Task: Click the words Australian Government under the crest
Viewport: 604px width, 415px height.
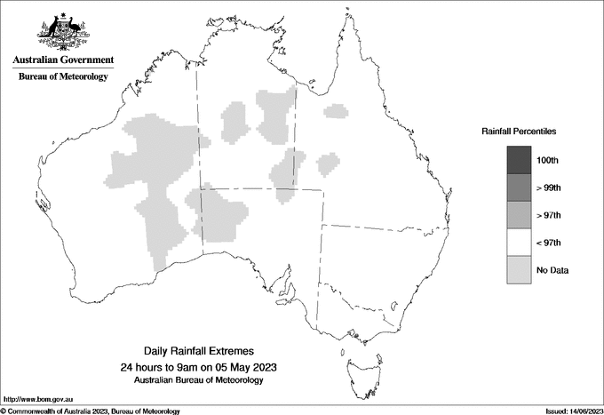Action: pyautogui.click(x=63, y=60)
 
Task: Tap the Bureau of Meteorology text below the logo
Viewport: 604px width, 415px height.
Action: pyautogui.click(x=63, y=77)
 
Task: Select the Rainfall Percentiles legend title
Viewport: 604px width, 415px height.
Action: pyautogui.click(x=519, y=131)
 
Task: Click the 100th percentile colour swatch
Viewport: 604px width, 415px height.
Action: pyautogui.click(x=519, y=160)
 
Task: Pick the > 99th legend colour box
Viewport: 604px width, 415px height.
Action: pyautogui.click(x=519, y=188)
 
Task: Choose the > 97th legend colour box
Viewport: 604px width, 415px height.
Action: pyautogui.click(x=519, y=215)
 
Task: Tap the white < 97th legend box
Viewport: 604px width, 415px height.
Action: pyautogui.click(x=519, y=243)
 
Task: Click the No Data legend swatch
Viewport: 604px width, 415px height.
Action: pyautogui.click(x=519, y=270)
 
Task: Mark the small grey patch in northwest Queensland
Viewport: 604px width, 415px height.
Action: pyautogui.click(x=335, y=111)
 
